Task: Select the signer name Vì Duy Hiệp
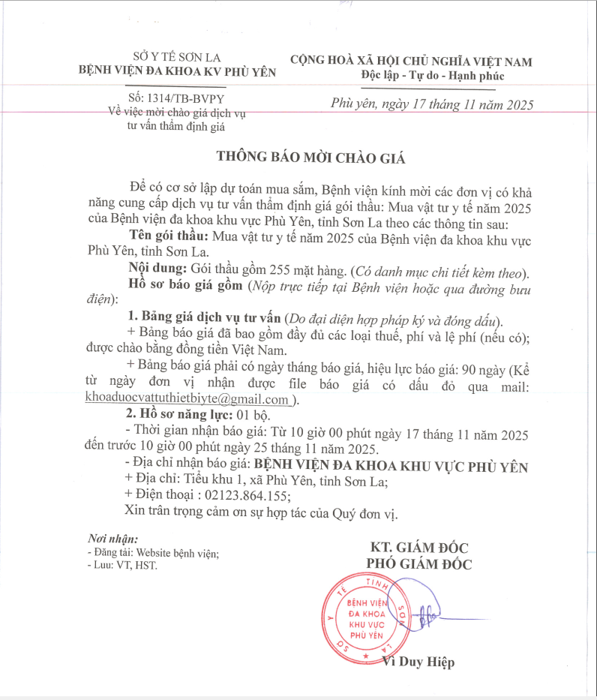[418, 662]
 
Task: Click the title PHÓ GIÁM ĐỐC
[418, 564]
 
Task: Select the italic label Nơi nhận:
[112, 539]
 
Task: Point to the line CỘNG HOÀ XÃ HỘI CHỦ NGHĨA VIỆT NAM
[412, 61]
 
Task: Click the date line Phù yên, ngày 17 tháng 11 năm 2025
[432, 105]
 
